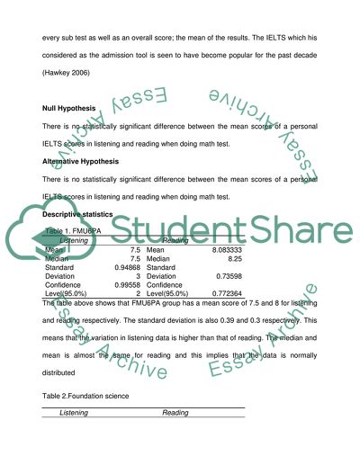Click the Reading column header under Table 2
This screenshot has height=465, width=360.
(x=174, y=413)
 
